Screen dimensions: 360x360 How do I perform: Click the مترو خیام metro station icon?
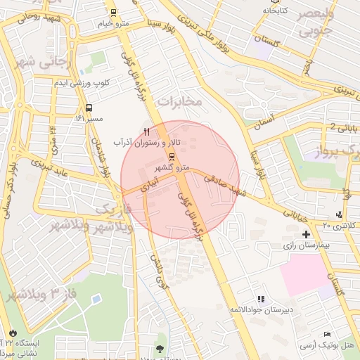tap(113, 13)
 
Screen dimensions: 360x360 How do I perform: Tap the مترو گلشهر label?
tap(172, 167)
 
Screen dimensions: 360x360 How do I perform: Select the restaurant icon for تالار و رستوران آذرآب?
tap(146, 131)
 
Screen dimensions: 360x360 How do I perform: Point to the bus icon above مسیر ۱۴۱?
tap(89, 108)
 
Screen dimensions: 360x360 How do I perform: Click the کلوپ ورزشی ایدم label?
tap(83, 84)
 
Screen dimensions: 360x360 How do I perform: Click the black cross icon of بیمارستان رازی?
tap(306, 233)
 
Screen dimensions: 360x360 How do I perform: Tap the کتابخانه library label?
tap(276, 11)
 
